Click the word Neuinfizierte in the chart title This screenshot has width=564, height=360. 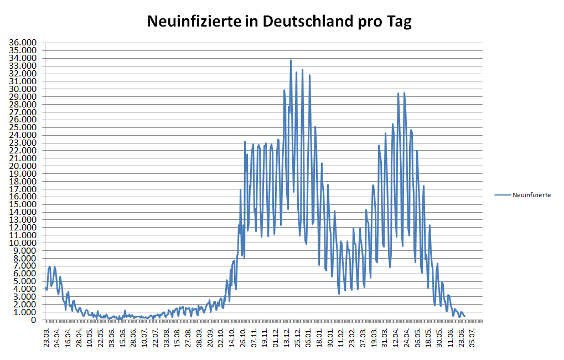(194, 22)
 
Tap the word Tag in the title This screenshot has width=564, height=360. (397, 22)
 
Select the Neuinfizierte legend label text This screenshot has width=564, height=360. (531, 195)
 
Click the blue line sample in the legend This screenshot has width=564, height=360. (503, 195)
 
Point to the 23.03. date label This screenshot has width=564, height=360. (47, 336)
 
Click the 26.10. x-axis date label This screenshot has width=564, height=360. (242, 336)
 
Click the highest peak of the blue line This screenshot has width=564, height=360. (291, 60)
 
